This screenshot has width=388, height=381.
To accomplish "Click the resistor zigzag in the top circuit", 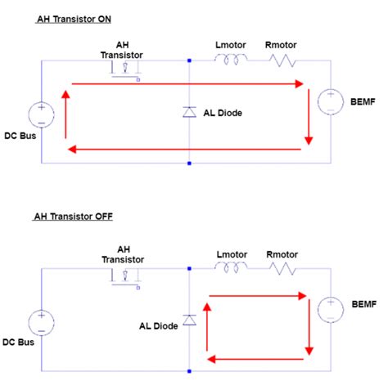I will point(281,60).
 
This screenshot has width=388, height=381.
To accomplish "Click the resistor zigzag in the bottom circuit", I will point(281,267).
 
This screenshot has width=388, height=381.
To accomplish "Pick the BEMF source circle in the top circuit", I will point(330,101).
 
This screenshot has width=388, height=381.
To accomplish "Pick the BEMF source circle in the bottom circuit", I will point(330,309).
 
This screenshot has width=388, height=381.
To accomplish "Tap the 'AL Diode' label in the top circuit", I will point(223,113).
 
